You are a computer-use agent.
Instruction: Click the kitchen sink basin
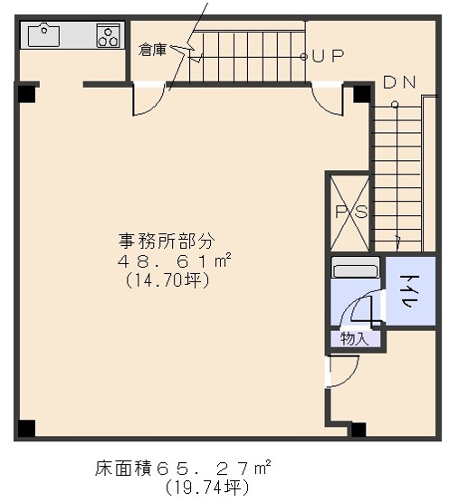43,35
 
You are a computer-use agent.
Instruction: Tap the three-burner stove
109,36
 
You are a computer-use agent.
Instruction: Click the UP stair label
328,56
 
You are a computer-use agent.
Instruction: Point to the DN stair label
399,82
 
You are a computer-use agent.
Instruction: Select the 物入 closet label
354,339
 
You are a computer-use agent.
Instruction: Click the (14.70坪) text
167,281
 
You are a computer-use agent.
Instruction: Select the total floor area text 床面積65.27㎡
182,469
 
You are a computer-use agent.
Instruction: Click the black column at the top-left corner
26,91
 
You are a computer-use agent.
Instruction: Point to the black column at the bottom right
358,430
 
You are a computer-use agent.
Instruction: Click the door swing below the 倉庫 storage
146,101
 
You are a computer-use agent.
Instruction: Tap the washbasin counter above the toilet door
354,269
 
